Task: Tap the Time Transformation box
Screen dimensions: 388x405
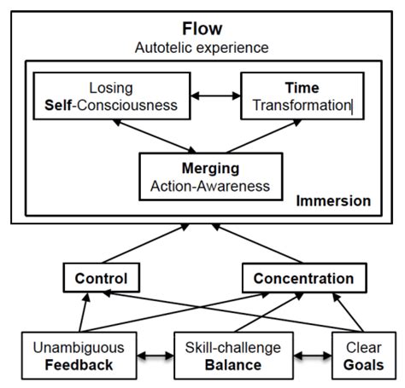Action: (297, 96)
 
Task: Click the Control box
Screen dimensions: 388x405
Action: (101, 278)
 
